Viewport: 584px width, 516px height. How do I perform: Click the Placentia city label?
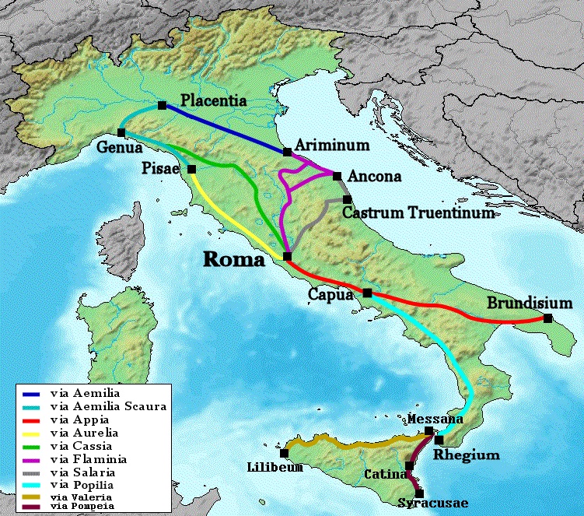pos(213,100)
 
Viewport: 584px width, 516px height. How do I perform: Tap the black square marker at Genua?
pos(121,132)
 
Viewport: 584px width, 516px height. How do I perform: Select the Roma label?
pos(233,260)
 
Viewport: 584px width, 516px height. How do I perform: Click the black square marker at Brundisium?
pos(548,318)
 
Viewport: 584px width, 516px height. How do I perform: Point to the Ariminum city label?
pos(326,146)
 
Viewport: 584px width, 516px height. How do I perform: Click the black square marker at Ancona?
pos(337,175)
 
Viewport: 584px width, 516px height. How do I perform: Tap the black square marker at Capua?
pos(367,293)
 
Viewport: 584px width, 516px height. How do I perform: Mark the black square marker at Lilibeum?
pos(285,453)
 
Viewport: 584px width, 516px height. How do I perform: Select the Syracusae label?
pos(433,504)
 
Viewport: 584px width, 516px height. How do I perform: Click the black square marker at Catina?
pos(409,465)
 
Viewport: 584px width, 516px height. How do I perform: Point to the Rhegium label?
pos(466,455)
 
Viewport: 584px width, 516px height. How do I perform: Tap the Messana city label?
pos(435,419)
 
